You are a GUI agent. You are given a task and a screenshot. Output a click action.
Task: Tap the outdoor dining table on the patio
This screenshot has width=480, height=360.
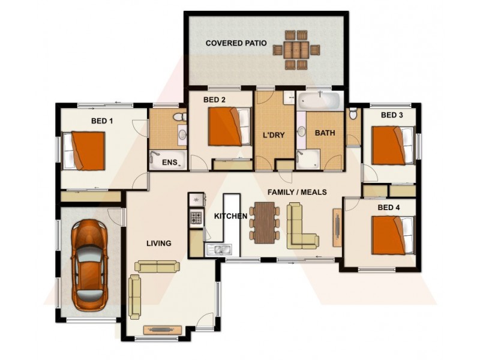pos(296,50)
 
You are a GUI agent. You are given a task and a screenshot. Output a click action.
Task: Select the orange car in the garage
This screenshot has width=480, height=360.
pos(90,263)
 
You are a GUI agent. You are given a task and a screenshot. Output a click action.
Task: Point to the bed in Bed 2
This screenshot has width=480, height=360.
pos(229,127)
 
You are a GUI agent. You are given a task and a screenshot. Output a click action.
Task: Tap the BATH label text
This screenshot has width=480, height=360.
pos(325,133)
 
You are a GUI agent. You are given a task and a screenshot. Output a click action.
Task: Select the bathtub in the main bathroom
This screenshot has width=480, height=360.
pos(319,100)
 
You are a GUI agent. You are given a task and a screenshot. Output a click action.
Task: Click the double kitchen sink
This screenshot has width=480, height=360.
pos(220,248)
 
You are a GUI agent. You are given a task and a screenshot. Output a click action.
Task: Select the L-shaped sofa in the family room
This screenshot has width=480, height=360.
pos(301,227)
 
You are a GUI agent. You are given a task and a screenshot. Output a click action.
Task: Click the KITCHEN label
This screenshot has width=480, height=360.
pos(231,216)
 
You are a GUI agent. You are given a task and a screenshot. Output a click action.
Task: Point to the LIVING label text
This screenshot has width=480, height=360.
pos(159,244)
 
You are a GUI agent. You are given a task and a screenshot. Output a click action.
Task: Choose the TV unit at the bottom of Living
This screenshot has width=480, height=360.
pos(163,329)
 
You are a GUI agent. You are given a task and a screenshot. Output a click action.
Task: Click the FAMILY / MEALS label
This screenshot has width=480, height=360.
pos(297,192)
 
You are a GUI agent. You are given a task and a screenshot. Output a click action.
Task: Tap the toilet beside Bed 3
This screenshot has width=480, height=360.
pos(353,113)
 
